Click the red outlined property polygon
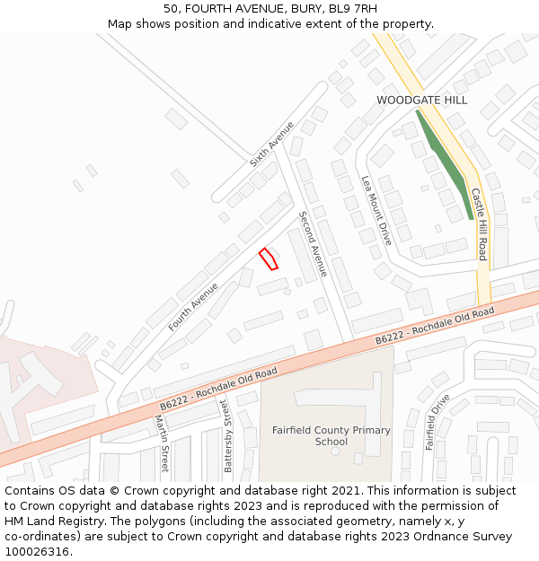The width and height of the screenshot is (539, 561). point(268,259)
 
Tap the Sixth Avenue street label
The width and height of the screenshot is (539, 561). point(271,145)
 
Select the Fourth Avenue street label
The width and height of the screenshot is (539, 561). point(193,307)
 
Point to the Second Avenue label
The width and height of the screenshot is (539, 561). point(314,243)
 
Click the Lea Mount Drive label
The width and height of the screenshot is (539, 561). point(376,210)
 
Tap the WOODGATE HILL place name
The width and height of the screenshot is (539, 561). point(421,101)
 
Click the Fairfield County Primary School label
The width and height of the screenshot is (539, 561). point(331,435)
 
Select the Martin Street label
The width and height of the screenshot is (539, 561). point(161,443)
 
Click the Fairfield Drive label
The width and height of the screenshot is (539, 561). point(437,422)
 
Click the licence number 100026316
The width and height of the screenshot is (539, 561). point(39,551)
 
